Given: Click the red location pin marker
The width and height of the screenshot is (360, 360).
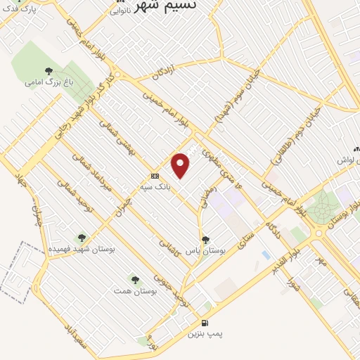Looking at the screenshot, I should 181,165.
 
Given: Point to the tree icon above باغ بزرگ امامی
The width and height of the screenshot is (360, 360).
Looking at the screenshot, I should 49,70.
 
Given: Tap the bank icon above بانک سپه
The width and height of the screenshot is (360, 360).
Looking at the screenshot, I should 155,176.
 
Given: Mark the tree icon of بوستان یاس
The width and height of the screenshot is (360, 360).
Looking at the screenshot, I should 205,240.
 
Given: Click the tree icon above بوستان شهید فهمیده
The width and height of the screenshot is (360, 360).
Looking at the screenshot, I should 82,238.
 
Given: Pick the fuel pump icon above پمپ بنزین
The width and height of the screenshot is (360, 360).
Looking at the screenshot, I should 204,322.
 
